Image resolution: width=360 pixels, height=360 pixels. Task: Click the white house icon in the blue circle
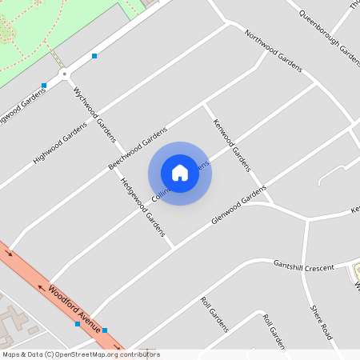pos(180,172)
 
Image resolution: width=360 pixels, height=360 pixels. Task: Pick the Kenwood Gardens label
pos(232,146)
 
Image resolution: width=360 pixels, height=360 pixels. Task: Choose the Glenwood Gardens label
pos(238,206)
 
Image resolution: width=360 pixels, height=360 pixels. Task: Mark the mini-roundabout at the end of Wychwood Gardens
pos(64,72)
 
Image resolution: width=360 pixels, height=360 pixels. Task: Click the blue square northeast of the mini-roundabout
pos(94,56)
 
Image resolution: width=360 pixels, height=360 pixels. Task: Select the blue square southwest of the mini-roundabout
pos(44,86)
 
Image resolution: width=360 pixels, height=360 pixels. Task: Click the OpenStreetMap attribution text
pos(80,354)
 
